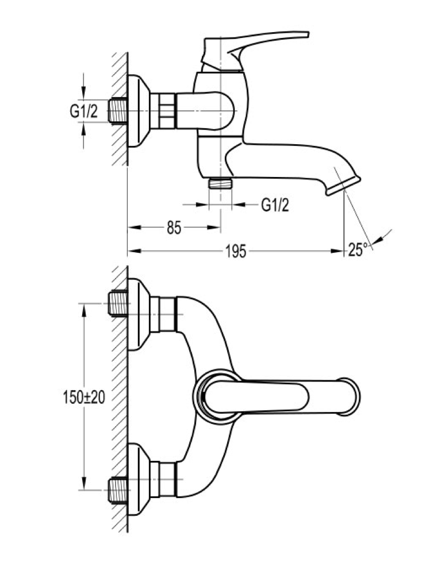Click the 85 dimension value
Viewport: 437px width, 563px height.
click(174, 227)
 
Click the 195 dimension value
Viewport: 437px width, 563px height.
click(236, 251)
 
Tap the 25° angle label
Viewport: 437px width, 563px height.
click(357, 249)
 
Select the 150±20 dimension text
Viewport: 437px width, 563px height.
click(84, 398)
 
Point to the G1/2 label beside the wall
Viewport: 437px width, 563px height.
click(84, 111)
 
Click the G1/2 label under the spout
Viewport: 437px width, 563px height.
click(275, 205)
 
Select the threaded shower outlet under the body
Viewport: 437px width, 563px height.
click(220, 183)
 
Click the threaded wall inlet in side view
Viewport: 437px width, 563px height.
click(118, 111)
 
